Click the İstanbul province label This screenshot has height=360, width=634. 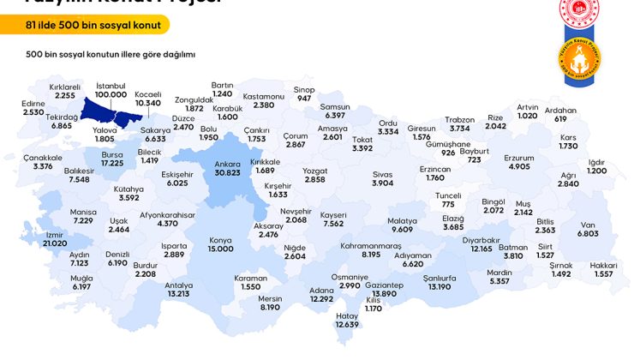pos(111,86)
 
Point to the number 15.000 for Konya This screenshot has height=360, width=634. pos(220,249)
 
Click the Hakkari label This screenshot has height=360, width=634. pos(603,265)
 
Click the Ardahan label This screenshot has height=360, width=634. pos(561,110)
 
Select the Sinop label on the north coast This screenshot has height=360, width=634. pos(304,89)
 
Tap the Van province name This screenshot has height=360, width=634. pos(588,223)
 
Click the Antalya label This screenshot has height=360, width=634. pos(178,285)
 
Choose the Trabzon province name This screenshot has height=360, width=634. pos(460,119)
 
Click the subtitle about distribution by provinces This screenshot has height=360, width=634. pos(111,53)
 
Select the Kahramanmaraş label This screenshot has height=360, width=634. pos(371,245)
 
